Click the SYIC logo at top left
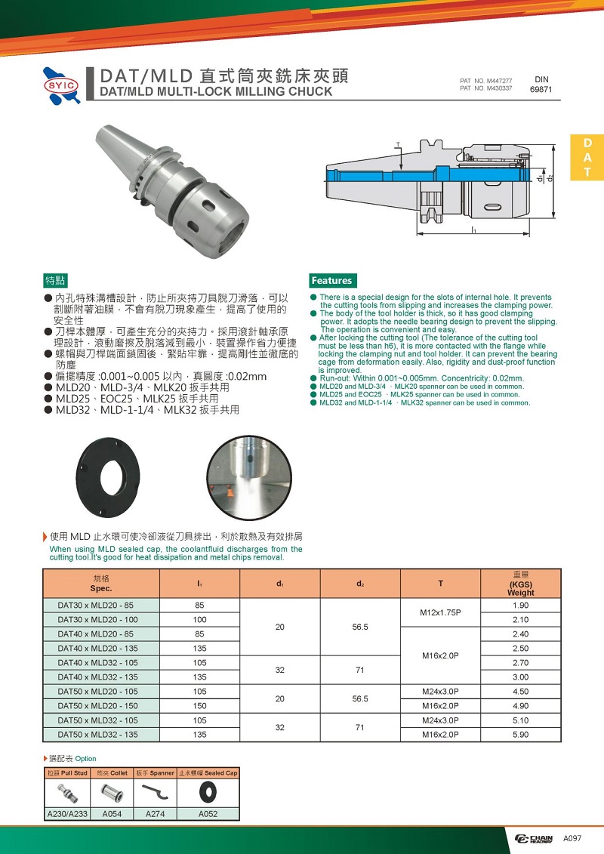point(61,85)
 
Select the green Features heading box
point(331,280)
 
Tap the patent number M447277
point(486,81)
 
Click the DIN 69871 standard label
point(541,84)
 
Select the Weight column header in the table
point(520,584)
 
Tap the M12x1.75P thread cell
point(439,612)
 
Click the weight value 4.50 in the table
point(520,692)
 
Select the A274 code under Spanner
point(155,814)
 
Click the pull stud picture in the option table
point(66,792)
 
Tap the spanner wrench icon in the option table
point(155,792)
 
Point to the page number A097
point(572,838)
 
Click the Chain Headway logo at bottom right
point(534,839)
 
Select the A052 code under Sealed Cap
point(208,814)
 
